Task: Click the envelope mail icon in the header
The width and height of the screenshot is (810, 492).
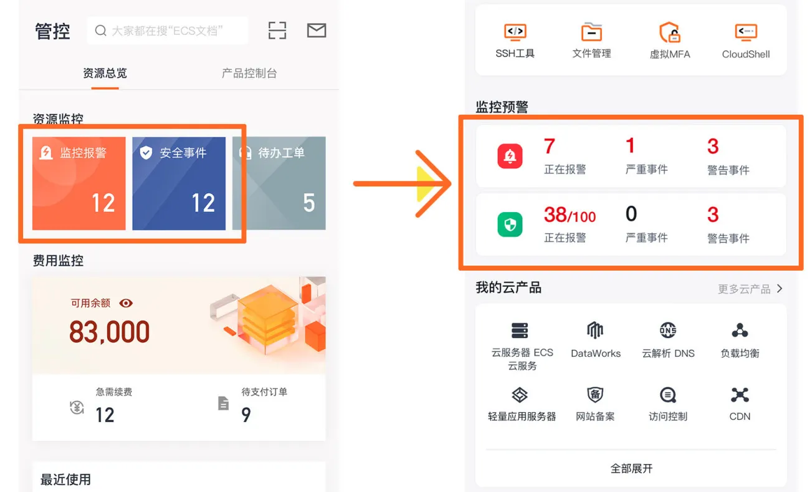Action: (x=317, y=31)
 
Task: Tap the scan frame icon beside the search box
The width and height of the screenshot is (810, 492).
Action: (x=277, y=31)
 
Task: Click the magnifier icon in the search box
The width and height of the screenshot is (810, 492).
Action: (x=100, y=31)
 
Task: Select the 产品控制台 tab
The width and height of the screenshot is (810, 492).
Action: (x=249, y=74)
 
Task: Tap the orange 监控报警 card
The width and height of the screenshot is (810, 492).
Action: (x=79, y=183)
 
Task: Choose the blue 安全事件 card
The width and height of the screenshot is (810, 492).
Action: (x=179, y=183)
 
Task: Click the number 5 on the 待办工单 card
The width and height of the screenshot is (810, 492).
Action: (x=309, y=203)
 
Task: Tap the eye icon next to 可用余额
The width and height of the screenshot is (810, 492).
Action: (x=126, y=303)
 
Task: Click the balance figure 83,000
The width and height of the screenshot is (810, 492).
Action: (x=109, y=332)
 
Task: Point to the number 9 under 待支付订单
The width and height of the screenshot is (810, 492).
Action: (x=246, y=415)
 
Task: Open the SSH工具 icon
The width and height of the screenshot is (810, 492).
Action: (x=515, y=32)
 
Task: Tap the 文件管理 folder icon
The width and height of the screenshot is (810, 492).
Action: (x=591, y=32)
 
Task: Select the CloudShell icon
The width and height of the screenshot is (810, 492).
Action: (x=746, y=32)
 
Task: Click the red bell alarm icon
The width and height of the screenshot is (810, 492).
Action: (x=510, y=156)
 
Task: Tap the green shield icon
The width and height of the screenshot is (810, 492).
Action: (x=510, y=224)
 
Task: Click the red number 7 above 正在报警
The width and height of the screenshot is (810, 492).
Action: (x=550, y=146)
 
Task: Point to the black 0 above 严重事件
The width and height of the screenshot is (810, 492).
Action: (x=631, y=214)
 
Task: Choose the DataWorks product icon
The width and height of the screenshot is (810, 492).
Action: (x=595, y=330)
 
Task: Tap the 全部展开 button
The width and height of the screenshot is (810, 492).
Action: (x=631, y=469)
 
